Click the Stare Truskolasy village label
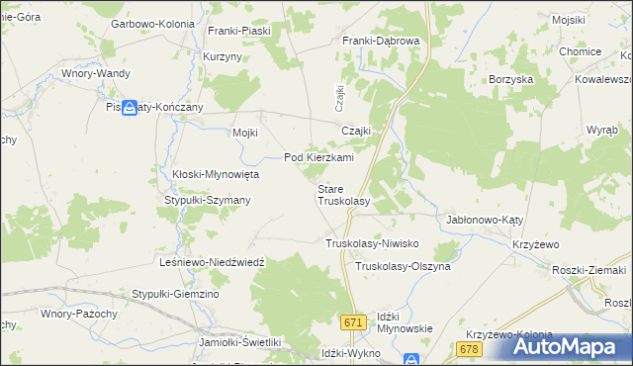pyautogui.click(x=342, y=194)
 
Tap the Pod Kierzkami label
pyautogui.click(x=318, y=157)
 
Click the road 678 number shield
pyautogui.click(x=469, y=349)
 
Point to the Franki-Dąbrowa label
pyautogui.click(x=381, y=41)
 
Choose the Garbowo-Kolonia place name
pyautogui.click(x=152, y=23)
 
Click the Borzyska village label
pyautogui.click(x=511, y=78)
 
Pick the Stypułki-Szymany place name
pyautogui.click(x=207, y=200)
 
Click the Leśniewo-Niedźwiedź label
pyautogui.click(x=212, y=262)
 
